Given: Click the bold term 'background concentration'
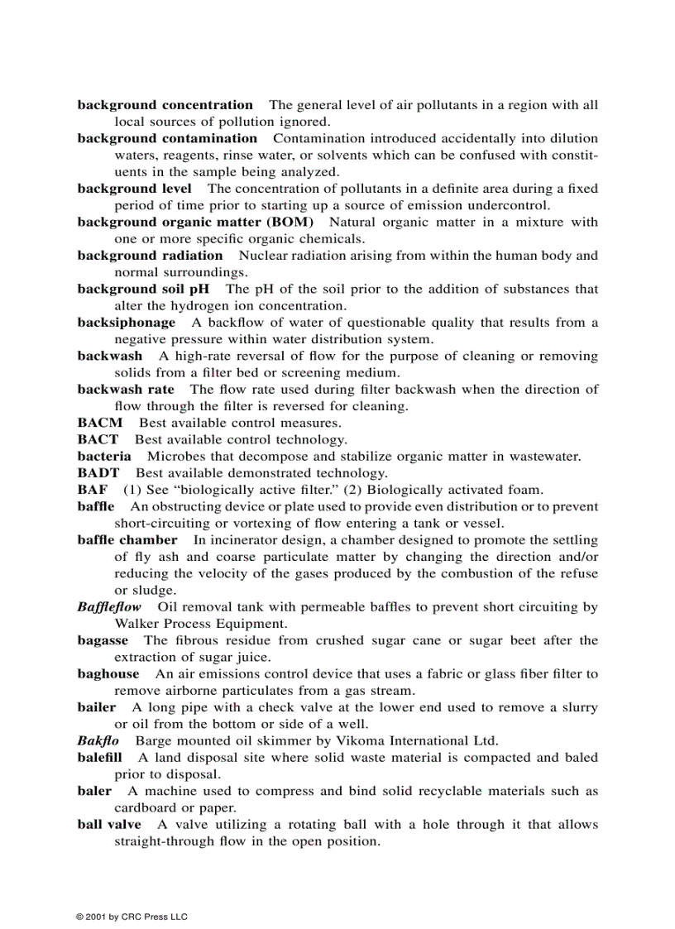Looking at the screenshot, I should [165, 105].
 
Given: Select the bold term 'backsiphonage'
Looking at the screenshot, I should [126, 323].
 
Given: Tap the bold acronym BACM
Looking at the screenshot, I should [100, 423].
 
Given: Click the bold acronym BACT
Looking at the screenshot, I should [98, 439].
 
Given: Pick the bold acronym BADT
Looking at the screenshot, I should [98, 473].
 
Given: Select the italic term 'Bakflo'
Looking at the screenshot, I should [98, 740].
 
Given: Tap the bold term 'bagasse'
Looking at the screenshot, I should [103, 640].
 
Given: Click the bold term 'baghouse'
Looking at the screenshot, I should [108, 674].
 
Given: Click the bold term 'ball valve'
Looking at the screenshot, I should [109, 824].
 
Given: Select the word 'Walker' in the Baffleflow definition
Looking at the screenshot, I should [136, 624].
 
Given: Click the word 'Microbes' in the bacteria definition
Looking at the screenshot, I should [174, 457].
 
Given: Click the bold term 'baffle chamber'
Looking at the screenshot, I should [127, 540].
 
